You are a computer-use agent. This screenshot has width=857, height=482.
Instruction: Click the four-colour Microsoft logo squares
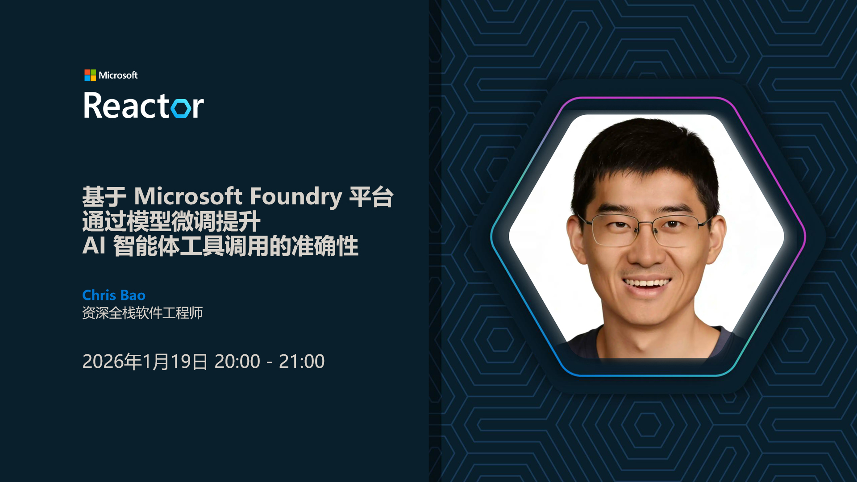90,75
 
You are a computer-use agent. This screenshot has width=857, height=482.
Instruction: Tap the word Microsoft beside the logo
118,75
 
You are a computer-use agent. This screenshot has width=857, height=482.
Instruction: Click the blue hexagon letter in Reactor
182,108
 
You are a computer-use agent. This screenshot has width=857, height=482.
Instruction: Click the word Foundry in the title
296,196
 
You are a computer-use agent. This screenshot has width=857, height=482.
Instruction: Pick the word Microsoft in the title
188,196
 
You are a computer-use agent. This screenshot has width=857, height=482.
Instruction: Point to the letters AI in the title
94,245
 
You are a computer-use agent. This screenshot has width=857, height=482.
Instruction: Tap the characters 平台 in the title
371,196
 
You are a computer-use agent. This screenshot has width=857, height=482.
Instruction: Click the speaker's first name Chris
99,295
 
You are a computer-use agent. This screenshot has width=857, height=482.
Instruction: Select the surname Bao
133,295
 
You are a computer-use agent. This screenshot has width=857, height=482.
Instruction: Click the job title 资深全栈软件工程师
142,313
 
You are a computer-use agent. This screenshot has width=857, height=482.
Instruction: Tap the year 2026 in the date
103,361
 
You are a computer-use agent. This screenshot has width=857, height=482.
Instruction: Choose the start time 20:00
237,361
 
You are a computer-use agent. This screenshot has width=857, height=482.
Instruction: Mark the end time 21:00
302,361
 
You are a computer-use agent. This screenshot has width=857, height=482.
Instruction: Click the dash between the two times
270,362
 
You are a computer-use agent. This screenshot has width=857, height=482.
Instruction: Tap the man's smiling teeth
647,283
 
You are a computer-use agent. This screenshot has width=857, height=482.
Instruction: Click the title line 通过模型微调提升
171,221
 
